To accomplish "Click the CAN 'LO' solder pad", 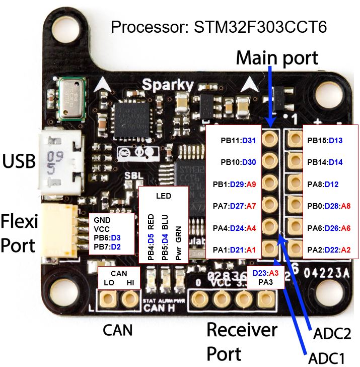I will coord(108,300).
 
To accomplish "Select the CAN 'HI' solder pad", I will coord(130,300).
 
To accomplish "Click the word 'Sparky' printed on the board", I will coord(167,84).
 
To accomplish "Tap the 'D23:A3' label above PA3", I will coord(265,273).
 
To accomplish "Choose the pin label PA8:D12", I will coord(324,184).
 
